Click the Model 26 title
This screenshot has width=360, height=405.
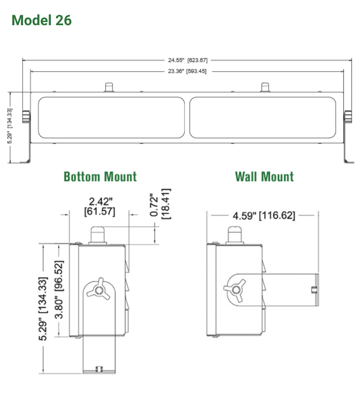(41, 20)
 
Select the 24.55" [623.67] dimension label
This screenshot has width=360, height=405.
(188, 60)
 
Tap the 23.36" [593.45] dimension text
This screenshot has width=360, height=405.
(188, 71)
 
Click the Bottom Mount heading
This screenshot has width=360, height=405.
(100, 176)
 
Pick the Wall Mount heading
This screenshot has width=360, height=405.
(264, 176)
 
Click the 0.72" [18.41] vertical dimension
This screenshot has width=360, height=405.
(161, 204)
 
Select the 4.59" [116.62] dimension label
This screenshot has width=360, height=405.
(264, 216)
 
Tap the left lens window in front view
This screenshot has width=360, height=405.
(112, 118)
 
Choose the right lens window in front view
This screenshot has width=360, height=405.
(262, 118)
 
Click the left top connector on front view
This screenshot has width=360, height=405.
(109, 87)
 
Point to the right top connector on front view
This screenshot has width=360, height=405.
(265, 87)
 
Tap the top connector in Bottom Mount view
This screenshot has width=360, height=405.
(98, 234)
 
